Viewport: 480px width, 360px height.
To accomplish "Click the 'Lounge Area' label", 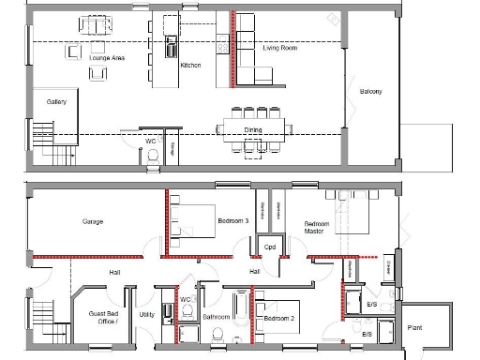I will coord(107,58).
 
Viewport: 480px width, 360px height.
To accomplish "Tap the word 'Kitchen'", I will coord(190,65).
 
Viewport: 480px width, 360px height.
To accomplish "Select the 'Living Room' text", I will coord(279,47).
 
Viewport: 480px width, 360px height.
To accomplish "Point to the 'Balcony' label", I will coord(371,91).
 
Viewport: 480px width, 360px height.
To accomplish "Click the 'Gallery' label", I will coord(56,101).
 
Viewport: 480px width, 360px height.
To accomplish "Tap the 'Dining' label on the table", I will coord(253,130).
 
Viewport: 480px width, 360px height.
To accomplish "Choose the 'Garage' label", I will coord(92,222).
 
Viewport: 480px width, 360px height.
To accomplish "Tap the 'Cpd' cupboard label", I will coord(268,247).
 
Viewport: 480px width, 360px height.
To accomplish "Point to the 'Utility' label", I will coord(147,314).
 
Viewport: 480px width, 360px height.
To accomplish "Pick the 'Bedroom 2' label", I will coord(279,319).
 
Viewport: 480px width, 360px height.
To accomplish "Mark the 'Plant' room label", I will coord(414,327).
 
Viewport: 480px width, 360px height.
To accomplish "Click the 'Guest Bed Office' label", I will coord(103,318).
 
